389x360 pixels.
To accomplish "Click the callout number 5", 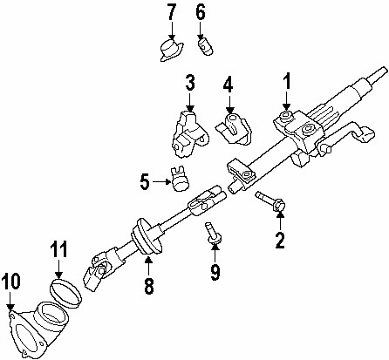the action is click(x=145, y=182).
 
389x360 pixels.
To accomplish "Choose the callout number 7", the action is click(x=172, y=11).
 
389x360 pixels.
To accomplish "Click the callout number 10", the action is click(x=11, y=282).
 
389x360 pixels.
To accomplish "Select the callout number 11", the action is click(x=58, y=249).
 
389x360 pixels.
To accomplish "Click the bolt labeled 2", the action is click(x=270, y=200).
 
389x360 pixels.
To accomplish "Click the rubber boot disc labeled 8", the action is click(x=147, y=236).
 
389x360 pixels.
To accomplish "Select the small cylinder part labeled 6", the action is click(x=206, y=47).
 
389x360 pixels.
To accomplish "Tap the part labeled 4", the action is click(x=233, y=128).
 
